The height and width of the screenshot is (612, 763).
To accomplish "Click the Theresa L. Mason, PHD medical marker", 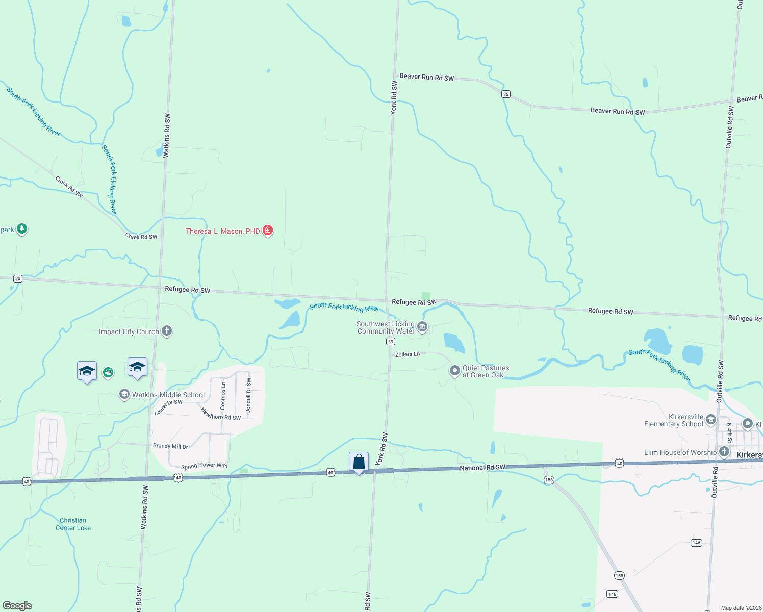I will point(267,231).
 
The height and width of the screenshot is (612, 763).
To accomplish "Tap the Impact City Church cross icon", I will point(167,331).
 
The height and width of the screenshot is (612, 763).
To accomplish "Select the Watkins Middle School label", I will point(168,395).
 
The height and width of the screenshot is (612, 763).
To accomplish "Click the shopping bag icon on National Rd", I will point(359,462).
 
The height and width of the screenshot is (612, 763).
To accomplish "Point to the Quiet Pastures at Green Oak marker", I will point(454,371).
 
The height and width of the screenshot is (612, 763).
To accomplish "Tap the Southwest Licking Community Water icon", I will point(422,326).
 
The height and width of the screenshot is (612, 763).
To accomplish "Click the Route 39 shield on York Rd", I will point(390,342).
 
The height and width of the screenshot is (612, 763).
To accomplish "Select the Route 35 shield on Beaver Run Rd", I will point(505,94).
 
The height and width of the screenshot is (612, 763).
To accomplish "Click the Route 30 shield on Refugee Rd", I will point(18,278).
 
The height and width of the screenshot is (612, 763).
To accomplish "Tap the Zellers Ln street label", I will point(408,354).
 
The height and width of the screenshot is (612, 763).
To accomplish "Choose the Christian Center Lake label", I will point(73,524).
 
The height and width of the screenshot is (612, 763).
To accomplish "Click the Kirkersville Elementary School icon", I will point(711,420).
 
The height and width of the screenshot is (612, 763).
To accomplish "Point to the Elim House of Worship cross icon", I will point(724,452).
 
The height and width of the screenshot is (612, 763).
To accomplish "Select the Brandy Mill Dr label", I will point(170,446).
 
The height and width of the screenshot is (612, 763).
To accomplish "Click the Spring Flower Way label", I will point(204,466).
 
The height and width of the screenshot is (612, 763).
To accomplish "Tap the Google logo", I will point(17,605).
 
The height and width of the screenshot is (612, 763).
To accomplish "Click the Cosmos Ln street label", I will point(223,396).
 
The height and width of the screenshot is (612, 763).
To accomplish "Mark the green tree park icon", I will point(21,228).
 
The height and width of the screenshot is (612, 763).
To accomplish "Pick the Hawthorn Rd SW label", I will point(220,414).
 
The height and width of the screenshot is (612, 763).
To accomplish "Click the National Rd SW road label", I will point(482,467).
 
